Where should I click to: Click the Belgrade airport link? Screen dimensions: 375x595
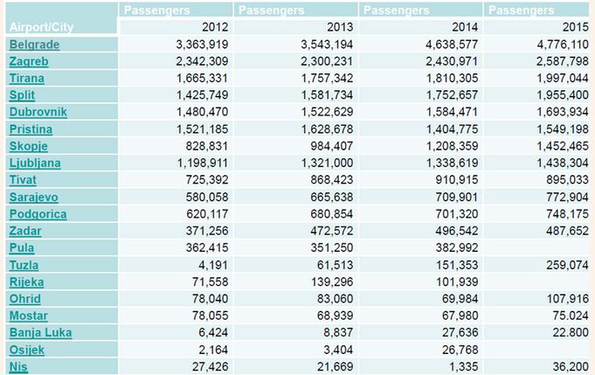[34, 44]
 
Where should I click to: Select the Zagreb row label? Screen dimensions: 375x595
[29, 61]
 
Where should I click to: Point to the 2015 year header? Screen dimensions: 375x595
[578, 26]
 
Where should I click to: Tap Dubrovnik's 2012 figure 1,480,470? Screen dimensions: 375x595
[196, 112]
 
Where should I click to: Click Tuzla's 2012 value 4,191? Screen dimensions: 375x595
[212, 265]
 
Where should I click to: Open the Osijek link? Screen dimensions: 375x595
[27, 350]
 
